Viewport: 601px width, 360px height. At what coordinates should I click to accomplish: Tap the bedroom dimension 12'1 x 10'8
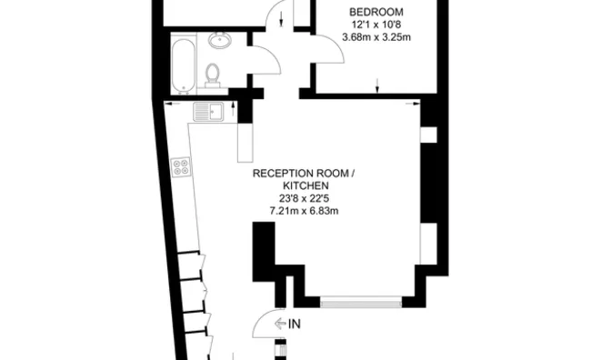pos(376,25)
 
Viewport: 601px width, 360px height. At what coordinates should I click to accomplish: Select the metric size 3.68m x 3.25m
pos(376,37)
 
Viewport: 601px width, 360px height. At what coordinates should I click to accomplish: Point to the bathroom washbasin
pos(219,40)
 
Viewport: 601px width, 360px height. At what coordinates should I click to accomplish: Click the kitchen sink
pos(209,112)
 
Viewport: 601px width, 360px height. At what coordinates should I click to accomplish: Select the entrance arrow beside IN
pos(280,323)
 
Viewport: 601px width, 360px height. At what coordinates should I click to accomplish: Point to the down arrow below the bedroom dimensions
pos(377,86)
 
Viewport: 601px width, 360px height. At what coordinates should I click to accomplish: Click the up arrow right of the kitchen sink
pos(235,109)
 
